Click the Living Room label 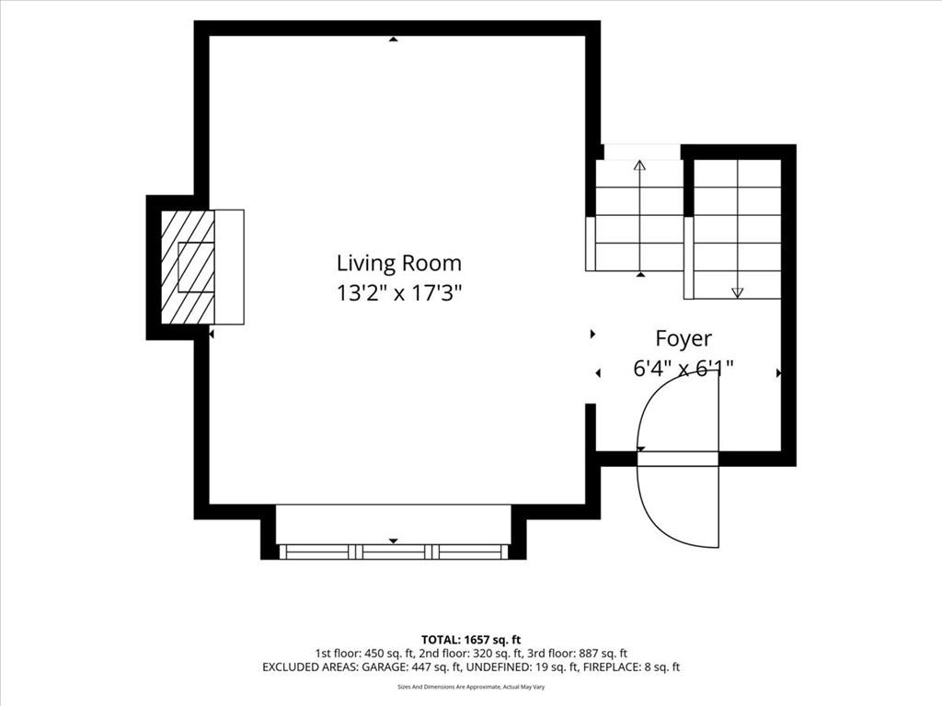point(399,263)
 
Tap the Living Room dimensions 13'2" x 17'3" point(399,293)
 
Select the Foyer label point(684,338)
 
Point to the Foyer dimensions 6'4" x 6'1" point(684,368)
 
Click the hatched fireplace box point(188,268)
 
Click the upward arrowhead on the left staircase point(640,165)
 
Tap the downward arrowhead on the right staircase point(738,292)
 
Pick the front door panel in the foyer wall point(678,459)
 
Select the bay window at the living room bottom point(394,552)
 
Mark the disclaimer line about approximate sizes point(471,687)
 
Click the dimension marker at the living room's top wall point(393,39)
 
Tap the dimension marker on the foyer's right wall point(779,373)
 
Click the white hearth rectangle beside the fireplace point(229,268)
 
